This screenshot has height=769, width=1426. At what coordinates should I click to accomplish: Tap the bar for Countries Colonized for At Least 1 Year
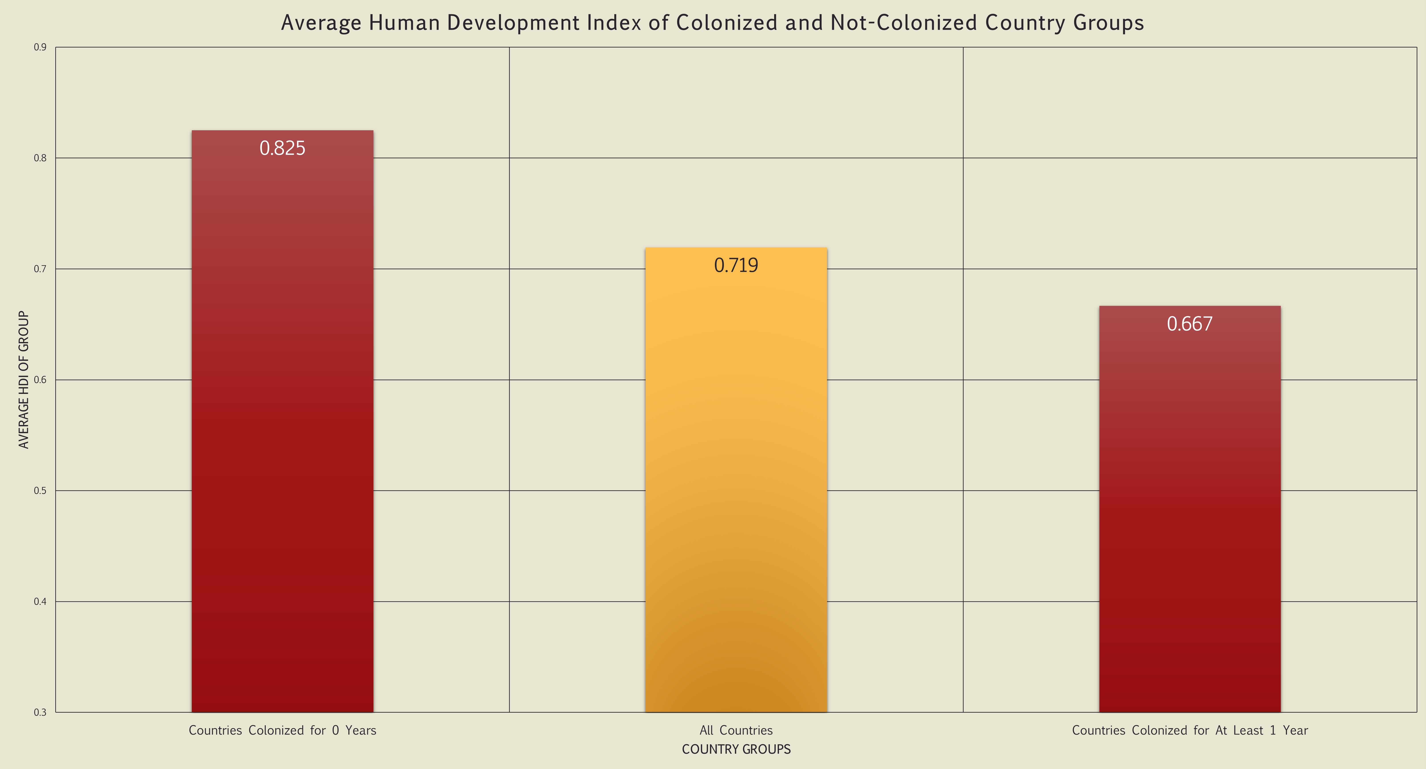click(x=1190, y=509)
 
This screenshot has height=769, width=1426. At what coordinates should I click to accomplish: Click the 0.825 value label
click(x=282, y=148)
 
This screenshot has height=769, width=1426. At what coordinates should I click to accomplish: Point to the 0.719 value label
click(x=736, y=266)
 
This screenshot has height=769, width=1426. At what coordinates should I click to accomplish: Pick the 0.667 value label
click(x=1190, y=324)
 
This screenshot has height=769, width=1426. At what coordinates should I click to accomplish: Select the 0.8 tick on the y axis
click(x=40, y=158)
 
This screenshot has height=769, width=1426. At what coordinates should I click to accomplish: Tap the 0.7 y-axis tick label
click(x=40, y=269)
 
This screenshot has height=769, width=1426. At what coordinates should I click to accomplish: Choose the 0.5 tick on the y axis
click(x=40, y=491)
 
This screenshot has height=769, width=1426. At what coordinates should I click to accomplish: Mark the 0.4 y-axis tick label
click(x=40, y=601)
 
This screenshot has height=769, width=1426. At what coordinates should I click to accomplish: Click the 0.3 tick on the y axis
click(x=40, y=712)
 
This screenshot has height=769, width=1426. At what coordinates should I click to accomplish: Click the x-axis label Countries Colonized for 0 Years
click(x=282, y=730)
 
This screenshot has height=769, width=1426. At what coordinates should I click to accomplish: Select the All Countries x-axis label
click(x=736, y=730)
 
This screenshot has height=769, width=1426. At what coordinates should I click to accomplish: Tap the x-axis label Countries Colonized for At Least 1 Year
click(x=1190, y=730)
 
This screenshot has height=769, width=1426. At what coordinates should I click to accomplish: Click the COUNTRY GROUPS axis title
click(x=736, y=749)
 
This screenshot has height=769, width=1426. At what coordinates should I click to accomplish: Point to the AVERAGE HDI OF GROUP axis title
click(x=23, y=380)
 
